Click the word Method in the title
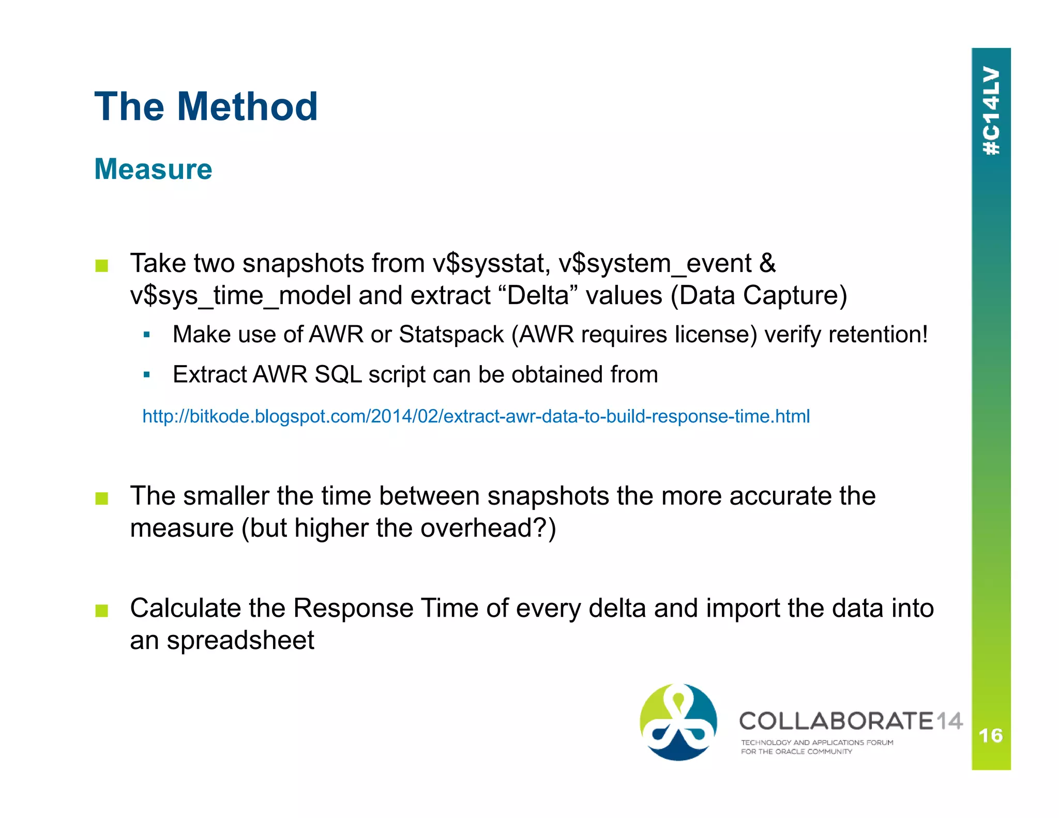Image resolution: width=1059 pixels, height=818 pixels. pyautogui.click(x=247, y=107)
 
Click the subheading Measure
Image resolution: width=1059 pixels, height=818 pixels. pyautogui.click(x=153, y=169)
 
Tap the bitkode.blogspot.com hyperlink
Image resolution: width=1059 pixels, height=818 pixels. pyautogui.click(x=476, y=416)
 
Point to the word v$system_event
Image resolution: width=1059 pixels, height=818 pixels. pyautogui.click(x=655, y=264)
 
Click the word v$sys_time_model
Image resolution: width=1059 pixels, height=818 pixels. pyautogui.click(x=240, y=296)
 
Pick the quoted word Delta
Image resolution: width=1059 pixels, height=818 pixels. pyautogui.click(x=538, y=296)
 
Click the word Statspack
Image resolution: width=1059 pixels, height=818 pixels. pyautogui.click(x=451, y=335)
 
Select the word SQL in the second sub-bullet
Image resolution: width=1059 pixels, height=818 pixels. pyautogui.click(x=338, y=374)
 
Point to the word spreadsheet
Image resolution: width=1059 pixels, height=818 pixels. pyautogui.click(x=240, y=641)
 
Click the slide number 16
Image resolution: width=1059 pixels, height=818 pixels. pyautogui.click(x=990, y=735)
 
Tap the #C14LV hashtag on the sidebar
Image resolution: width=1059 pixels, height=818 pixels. pyautogui.click(x=991, y=111)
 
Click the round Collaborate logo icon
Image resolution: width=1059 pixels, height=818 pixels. pyautogui.click(x=678, y=722)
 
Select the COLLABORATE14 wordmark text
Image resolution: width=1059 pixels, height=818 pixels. pyautogui.click(x=850, y=721)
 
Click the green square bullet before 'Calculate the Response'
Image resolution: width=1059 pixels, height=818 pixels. pyautogui.click(x=102, y=611)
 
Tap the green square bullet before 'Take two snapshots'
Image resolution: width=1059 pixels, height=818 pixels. pyautogui.click(x=102, y=266)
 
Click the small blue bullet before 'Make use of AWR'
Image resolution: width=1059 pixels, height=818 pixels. pyautogui.click(x=147, y=335)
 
